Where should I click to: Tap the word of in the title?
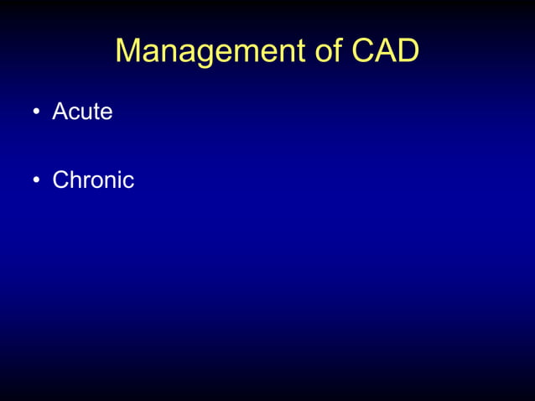332,51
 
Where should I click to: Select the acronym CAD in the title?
385,51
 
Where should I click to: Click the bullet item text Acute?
82,112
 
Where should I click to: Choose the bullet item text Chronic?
93,180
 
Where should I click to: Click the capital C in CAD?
364,51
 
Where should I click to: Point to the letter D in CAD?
407,51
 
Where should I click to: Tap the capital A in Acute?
60,112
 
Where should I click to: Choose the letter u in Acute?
86,113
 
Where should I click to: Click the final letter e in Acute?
106,113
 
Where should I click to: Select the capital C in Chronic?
60,180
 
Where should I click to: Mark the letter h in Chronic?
75,180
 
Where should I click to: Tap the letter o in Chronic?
94,181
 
